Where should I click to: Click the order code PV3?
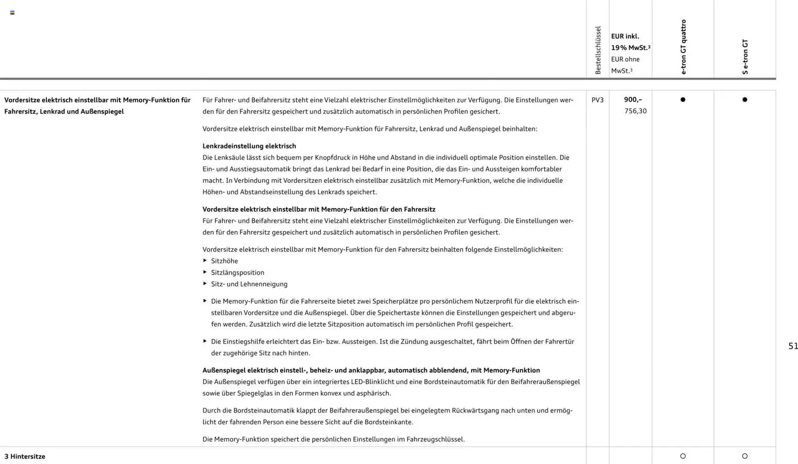[597, 100]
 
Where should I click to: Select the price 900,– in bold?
[633, 99]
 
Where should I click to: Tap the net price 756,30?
[635, 111]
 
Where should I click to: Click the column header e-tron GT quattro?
[683, 47]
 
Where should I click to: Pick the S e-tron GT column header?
[745, 57]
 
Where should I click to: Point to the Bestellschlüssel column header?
[598, 50]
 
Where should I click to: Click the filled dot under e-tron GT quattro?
[683, 100]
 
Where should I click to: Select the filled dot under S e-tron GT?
[744, 100]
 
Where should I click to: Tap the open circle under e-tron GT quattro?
[683, 456]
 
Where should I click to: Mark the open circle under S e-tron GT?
[744, 456]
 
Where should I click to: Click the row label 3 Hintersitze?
[25, 457]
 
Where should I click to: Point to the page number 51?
[793, 346]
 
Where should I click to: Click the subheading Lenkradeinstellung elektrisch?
[249, 146]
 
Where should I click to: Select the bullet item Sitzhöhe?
[224, 261]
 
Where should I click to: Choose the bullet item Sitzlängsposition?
[237, 273]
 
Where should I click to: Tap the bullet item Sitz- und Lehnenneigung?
[249, 284]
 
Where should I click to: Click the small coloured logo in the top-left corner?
[12, 12]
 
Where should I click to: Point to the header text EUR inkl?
[625, 37]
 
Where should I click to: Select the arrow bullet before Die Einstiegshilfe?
[205, 341]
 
